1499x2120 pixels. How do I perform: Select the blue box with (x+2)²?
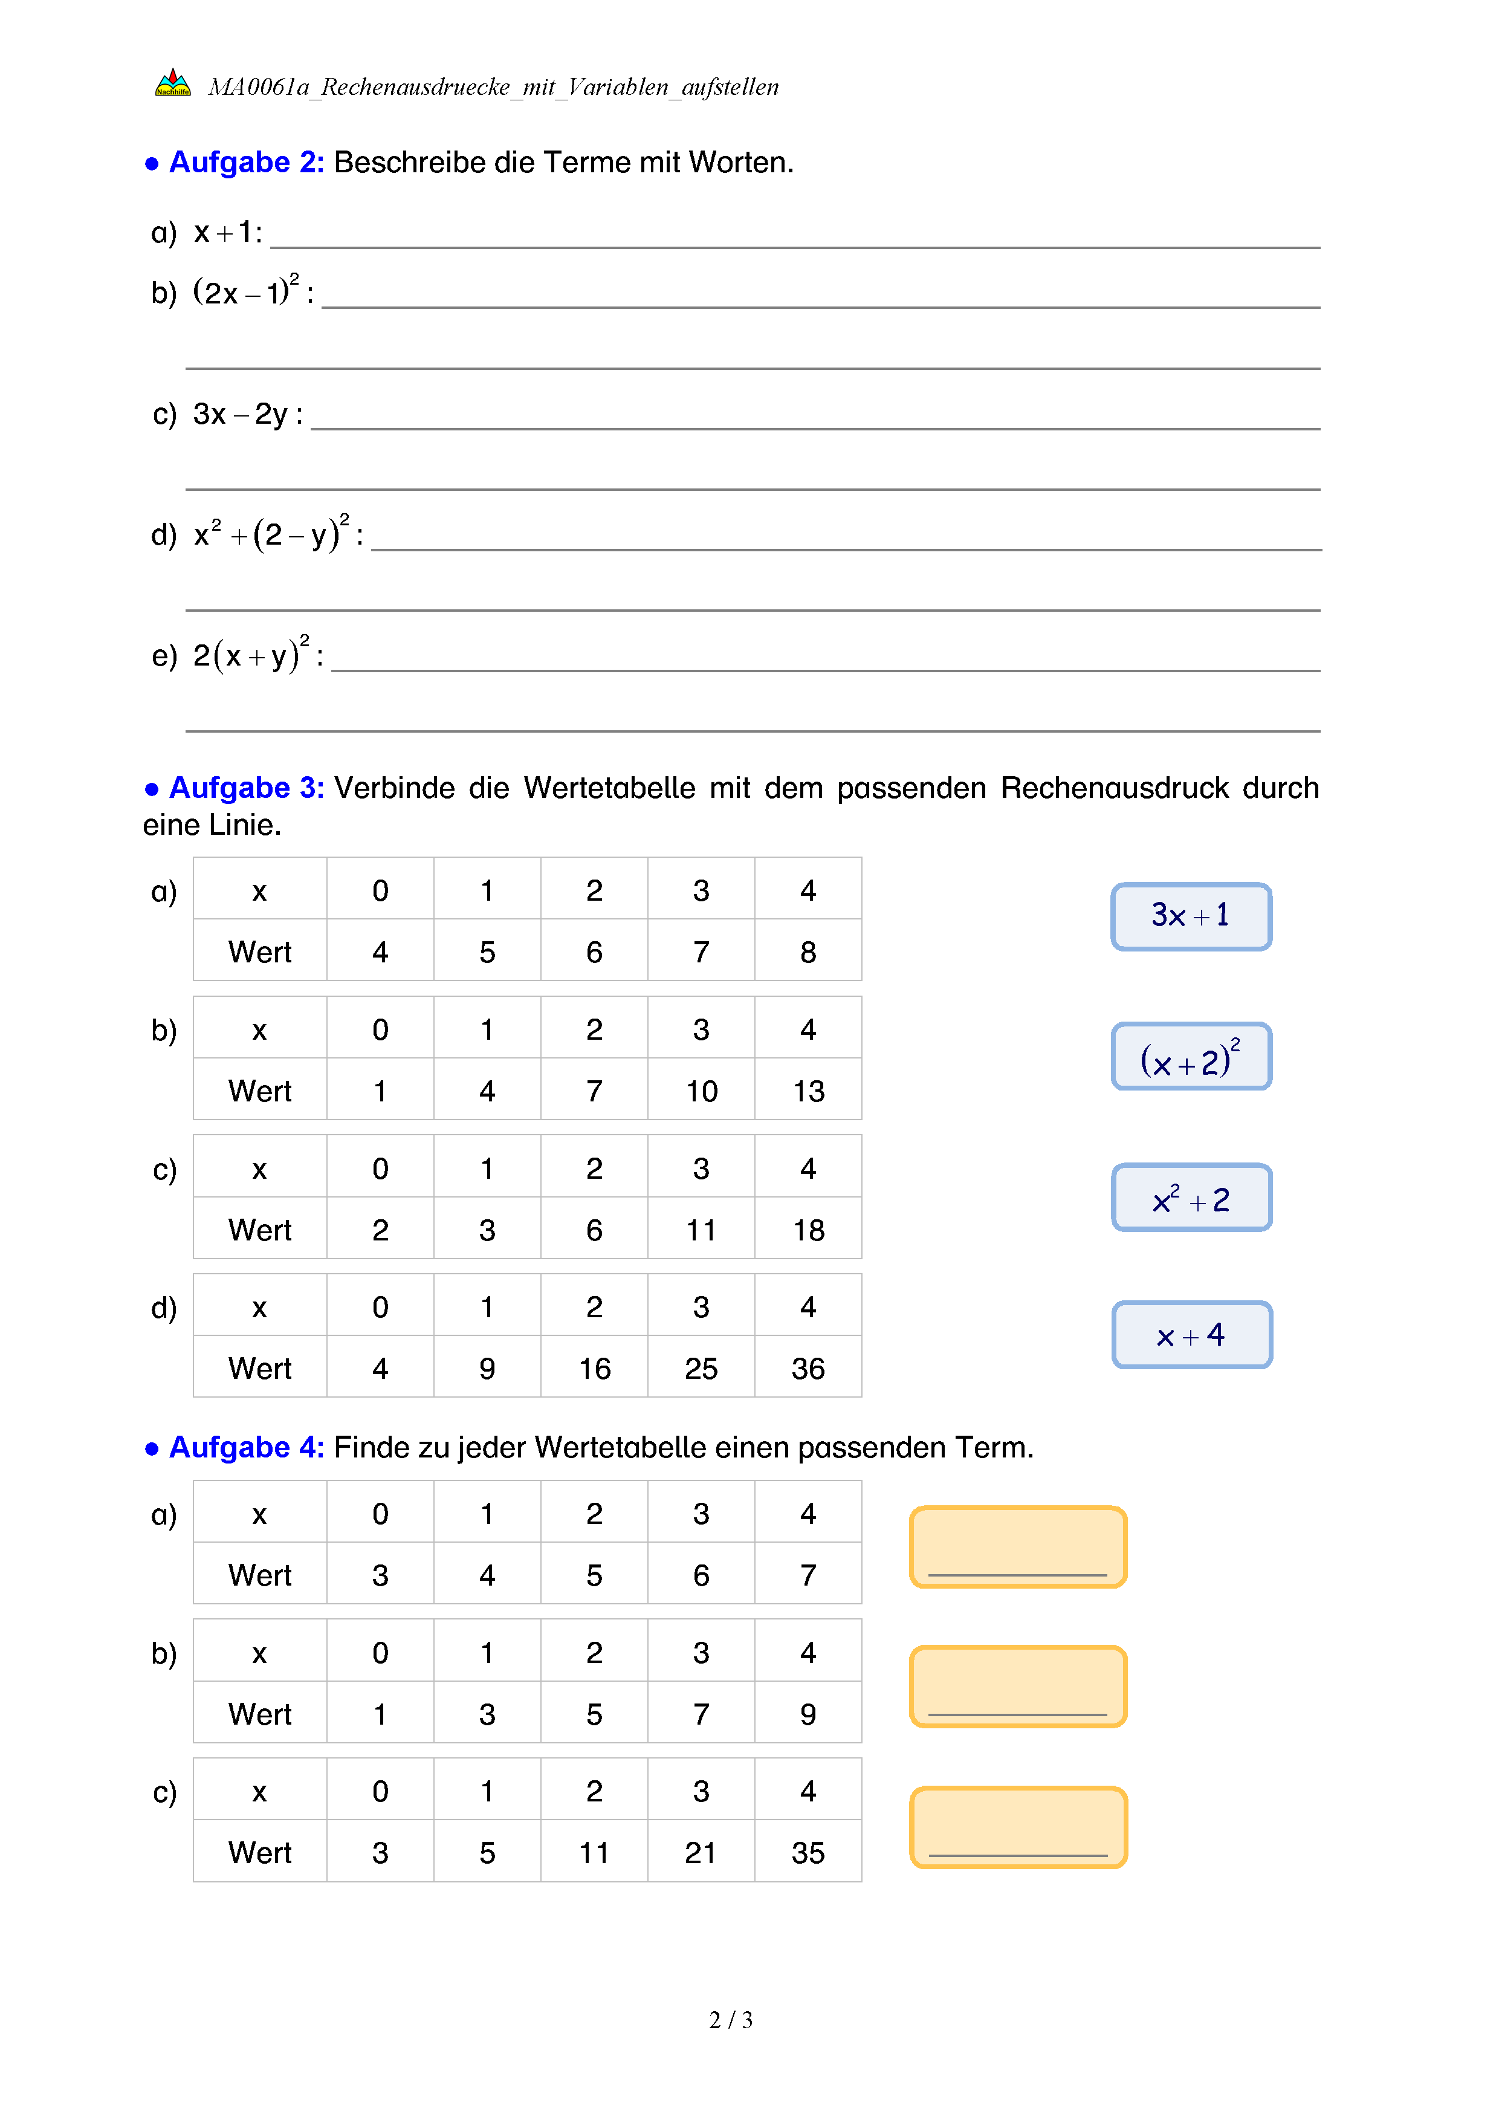[1191, 1056]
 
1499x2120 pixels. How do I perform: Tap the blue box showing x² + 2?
[1191, 1198]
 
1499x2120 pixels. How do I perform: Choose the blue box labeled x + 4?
[1191, 1335]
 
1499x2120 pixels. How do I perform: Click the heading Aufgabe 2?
[245, 163]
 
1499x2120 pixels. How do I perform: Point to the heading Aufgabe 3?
[245, 788]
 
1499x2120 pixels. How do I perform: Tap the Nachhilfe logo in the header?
[173, 84]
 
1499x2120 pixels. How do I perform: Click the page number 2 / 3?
[730, 2020]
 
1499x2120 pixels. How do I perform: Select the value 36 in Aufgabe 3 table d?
[808, 1369]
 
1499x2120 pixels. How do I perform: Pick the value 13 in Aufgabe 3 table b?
[808, 1091]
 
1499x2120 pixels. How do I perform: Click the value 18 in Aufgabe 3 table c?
[808, 1230]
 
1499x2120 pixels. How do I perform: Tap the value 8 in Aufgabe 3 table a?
[808, 952]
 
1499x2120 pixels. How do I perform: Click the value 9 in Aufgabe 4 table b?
[808, 1714]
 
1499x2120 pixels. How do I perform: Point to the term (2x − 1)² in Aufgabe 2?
[245, 292]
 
